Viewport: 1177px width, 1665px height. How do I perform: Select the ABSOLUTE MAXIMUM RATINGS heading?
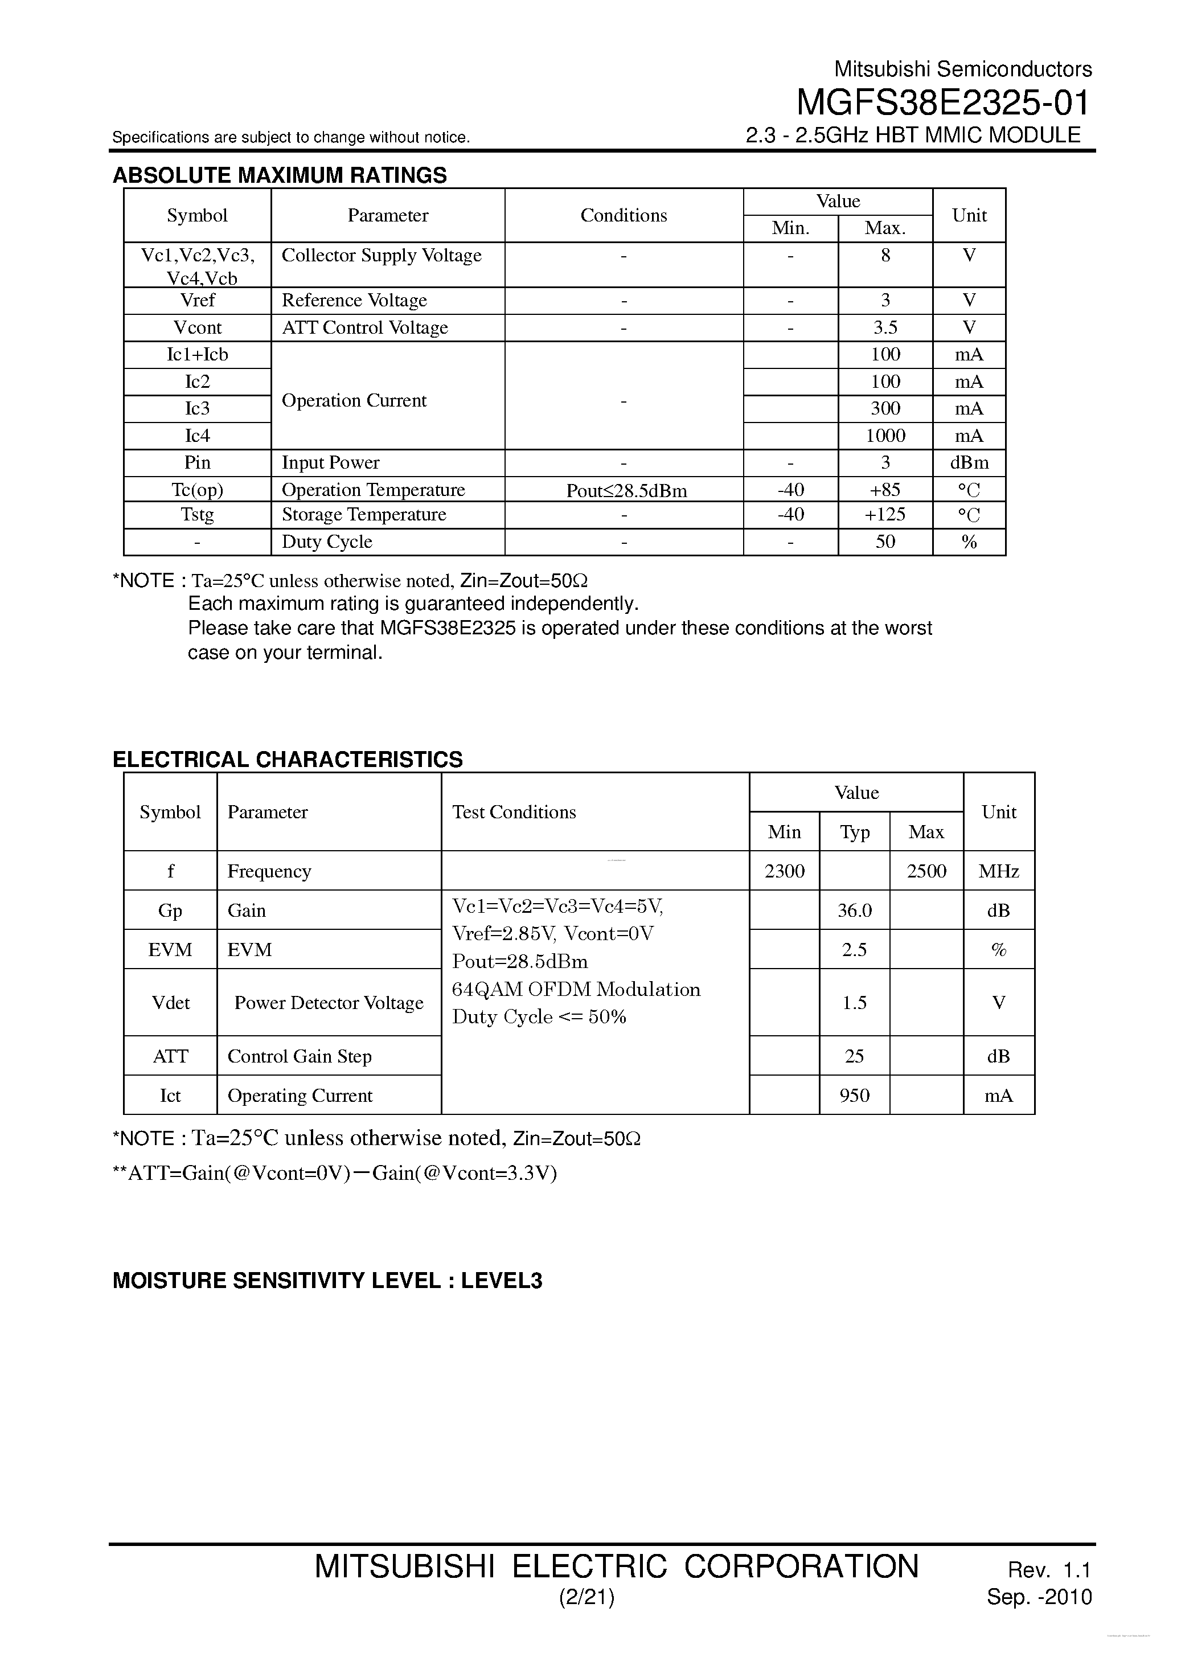280,175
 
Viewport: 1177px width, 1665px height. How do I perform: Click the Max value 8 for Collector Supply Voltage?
885,255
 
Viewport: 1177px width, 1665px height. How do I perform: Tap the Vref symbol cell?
197,300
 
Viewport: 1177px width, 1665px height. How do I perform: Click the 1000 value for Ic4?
885,436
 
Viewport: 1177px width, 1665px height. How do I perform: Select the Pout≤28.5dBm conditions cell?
626,491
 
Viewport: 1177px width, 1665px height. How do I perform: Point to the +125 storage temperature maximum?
885,515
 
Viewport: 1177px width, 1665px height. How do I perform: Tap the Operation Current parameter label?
354,401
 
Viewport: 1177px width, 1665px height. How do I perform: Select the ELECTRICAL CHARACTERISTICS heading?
287,759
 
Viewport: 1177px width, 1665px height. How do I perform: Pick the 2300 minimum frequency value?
784,871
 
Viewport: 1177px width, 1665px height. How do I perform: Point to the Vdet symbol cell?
170,1003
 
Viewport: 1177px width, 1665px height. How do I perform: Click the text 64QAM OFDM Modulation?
576,990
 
